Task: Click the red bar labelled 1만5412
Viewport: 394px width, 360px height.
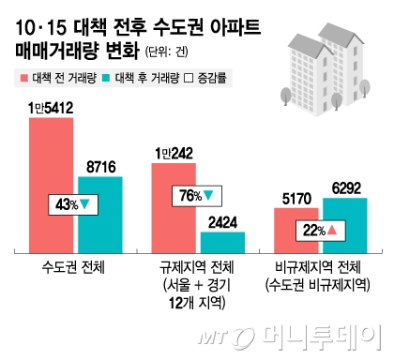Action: pyautogui.click(x=52, y=186)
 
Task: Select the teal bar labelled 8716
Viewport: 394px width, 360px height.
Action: pyautogui.click(x=100, y=215)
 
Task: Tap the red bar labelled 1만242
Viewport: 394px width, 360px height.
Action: pyautogui.click(x=174, y=208)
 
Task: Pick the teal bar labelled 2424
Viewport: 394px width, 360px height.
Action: pyautogui.click(x=222, y=243)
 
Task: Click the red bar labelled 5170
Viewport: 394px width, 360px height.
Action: pyautogui.click(x=296, y=231)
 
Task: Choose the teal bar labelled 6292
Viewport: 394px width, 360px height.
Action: pyautogui.click(x=345, y=226)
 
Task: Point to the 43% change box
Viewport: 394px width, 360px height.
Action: pyautogui.click(x=73, y=204)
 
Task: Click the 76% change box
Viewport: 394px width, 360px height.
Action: pyautogui.click(x=197, y=196)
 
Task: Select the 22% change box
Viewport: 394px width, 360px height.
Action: pyautogui.click(x=321, y=231)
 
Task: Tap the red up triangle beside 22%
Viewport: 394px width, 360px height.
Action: pyautogui.click(x=331, y=230)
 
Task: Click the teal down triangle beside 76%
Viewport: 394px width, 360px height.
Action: pyautogui.click(x=208, y=196)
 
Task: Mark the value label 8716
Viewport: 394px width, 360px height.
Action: pyautogui.click(x=101, y=167)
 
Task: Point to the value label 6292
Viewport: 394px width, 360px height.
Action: pyautogui.click(x=346, y=188)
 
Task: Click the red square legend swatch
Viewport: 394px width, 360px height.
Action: pyautogui.click(x=24, y=78)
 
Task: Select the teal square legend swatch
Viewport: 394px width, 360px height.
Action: pyautogui.click(x=107, y=78)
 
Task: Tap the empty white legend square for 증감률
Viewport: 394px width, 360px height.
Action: pyautogui.click(x=189, y=78)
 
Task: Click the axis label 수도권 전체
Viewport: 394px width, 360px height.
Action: pyautogui.click(x=73, y=267)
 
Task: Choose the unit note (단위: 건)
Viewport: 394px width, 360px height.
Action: pyautogui.click(x=166, y=52)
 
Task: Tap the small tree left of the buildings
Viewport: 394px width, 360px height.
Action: pyautogui.click(x=286, y=96)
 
